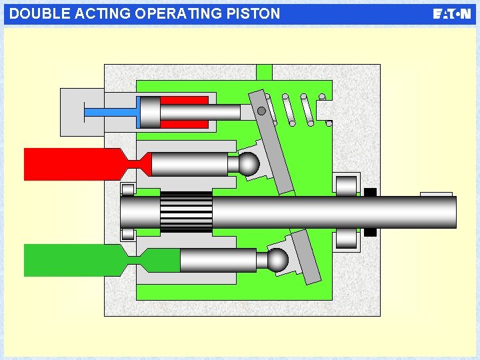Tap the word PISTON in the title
pyautogui.click(x=257, y=13)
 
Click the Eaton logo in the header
pyautogui.click(x=451, y=14)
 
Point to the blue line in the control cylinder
pyautogui.click(x=110, y=113)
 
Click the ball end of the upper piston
pyautogui.click(x=249, y=164)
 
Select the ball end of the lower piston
pyautogui.click(x=278, y=259)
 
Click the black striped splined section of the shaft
pyautogui.click(x=187, y=211)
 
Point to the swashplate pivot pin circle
pyautogui.click(x=262, y=111)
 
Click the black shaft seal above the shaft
pyautogui.click(x=371, y=193)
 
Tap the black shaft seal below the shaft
pyautogui.click(x=371, y=232)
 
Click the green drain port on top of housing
pyautogui.click(x=264, y=72)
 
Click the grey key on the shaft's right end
pyautogui.click(x=437, y=194)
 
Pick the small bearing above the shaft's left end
pyautogui.click(x=128, y=189)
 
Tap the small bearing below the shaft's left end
pyautogui.click(x=128, y=234)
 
